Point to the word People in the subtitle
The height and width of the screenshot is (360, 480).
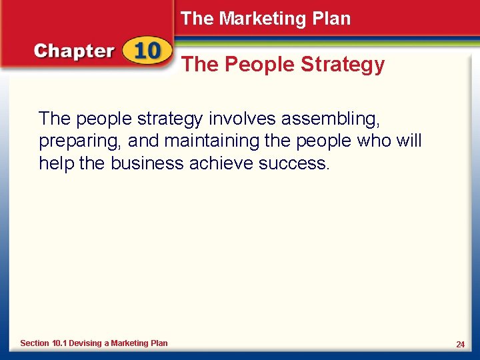tap(259, 65)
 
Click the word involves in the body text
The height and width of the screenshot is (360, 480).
tap(241, 119)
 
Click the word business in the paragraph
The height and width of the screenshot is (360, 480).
tap(143, 163)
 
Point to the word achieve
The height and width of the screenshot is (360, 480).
tap(219, 163)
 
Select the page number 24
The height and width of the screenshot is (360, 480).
tap(460, 344)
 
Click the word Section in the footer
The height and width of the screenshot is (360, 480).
tap(35, 343)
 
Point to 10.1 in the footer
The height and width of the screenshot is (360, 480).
tap(60, 343)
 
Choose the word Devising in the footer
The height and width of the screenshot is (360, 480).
tap(85, 343)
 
